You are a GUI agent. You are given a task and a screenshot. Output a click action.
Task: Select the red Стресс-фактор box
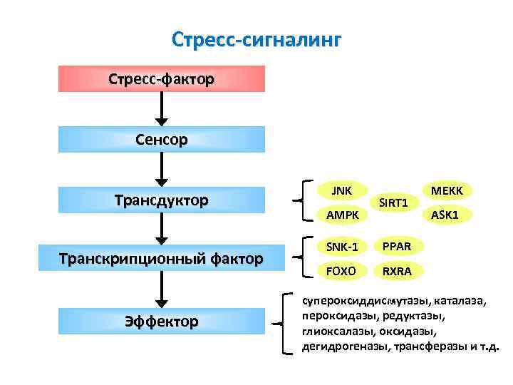pos(161,78)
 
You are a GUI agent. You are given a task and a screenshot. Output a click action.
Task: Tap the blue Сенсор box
pos(161,140)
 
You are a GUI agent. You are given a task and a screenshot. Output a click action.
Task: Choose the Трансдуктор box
pos(161,200)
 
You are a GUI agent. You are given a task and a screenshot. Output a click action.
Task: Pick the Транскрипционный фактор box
pos(161,257)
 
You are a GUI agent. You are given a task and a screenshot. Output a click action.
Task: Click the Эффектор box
pos(161,322)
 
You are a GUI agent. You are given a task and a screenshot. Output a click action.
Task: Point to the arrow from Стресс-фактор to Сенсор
pos(162,108)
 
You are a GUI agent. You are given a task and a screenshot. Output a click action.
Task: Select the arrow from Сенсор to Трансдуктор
pos(162,170)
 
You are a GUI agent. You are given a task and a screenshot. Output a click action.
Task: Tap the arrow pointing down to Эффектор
pos(162,289)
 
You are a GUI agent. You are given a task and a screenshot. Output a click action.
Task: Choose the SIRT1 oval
pos(393,203)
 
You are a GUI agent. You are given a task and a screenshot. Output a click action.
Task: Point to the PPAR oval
pos(393,247)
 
